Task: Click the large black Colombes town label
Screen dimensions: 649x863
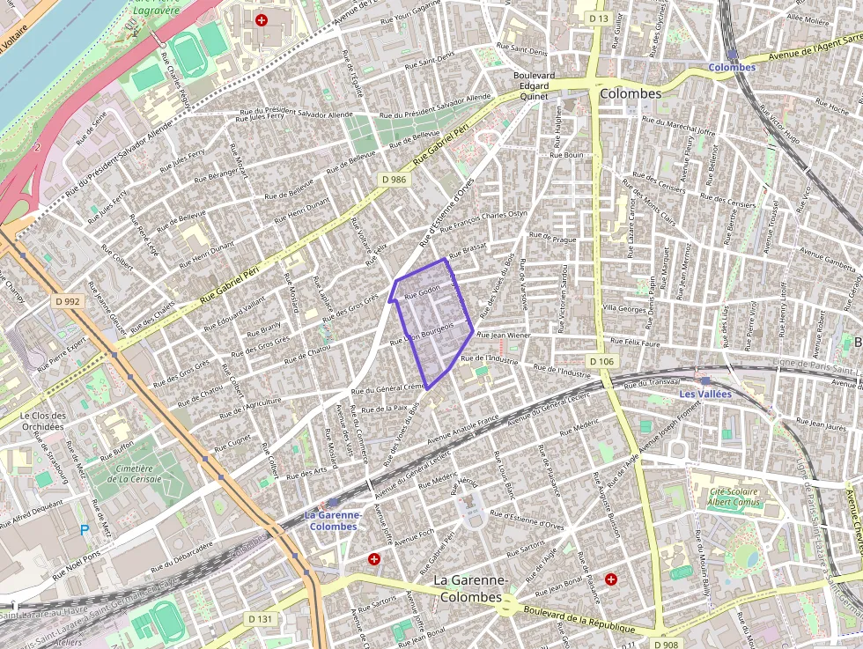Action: tap(630, 93)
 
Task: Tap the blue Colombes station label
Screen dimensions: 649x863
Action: tap(732, 68)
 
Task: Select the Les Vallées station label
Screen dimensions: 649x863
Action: tap(704, 394)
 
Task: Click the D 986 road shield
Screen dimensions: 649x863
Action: tap(395, 179)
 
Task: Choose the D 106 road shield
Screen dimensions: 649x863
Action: tap(601, 362)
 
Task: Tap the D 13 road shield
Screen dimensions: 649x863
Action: tap(599, 18)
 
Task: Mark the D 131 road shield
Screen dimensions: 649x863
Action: tap(260, 619)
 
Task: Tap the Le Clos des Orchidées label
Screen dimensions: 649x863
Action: tap(42, 421)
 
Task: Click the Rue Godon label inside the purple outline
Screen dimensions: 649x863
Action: tap(422, 293)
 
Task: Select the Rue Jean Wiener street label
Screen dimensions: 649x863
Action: tap(504, 336)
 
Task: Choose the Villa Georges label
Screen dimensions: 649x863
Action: tap(623, 309)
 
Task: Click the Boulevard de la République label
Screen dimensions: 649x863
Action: tap(579, 619)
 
